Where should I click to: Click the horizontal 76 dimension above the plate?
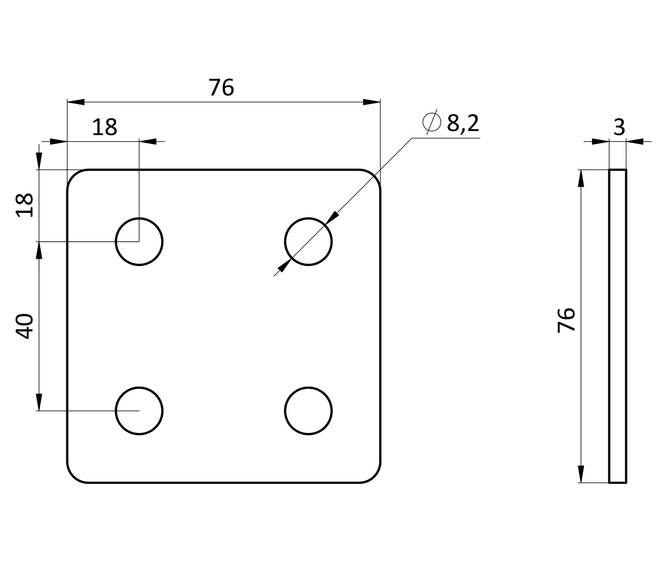click(221, 88)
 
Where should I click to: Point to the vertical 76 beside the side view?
click(567, 320)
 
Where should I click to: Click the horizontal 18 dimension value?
click(104, 127)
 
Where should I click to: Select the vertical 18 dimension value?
click(24, 205)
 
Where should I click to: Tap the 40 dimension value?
click(24, 326)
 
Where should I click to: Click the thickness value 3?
click(619, 127)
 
